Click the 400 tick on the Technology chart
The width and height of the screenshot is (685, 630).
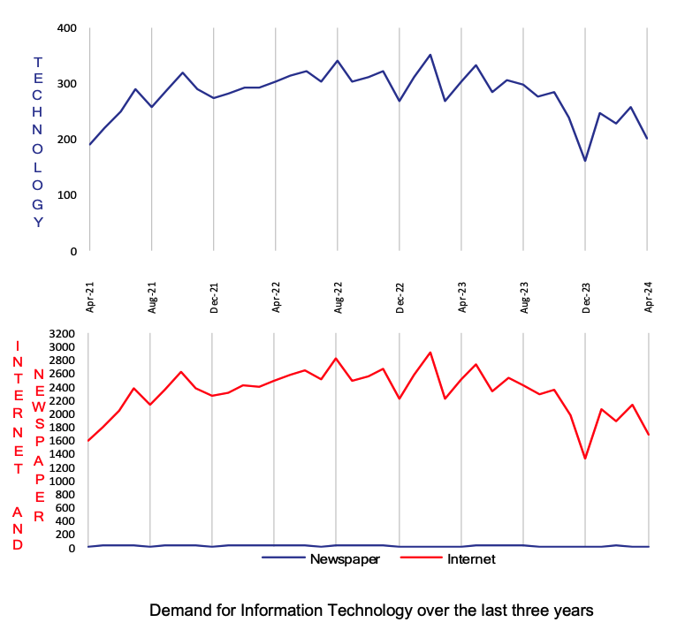tap(68, 28)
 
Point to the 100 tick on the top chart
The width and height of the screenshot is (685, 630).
tap(68, 194)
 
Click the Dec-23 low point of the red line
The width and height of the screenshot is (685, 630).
tap(585, 459)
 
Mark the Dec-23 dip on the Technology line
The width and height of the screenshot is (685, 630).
tap(585, 161)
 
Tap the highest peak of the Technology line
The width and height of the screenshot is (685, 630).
tap(430, 55)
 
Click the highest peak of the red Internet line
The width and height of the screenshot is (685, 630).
tap(430, 352)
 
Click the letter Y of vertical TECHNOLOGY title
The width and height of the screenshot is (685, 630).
tap(38, 223)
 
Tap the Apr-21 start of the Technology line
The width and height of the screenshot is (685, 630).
tap(90, 144)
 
